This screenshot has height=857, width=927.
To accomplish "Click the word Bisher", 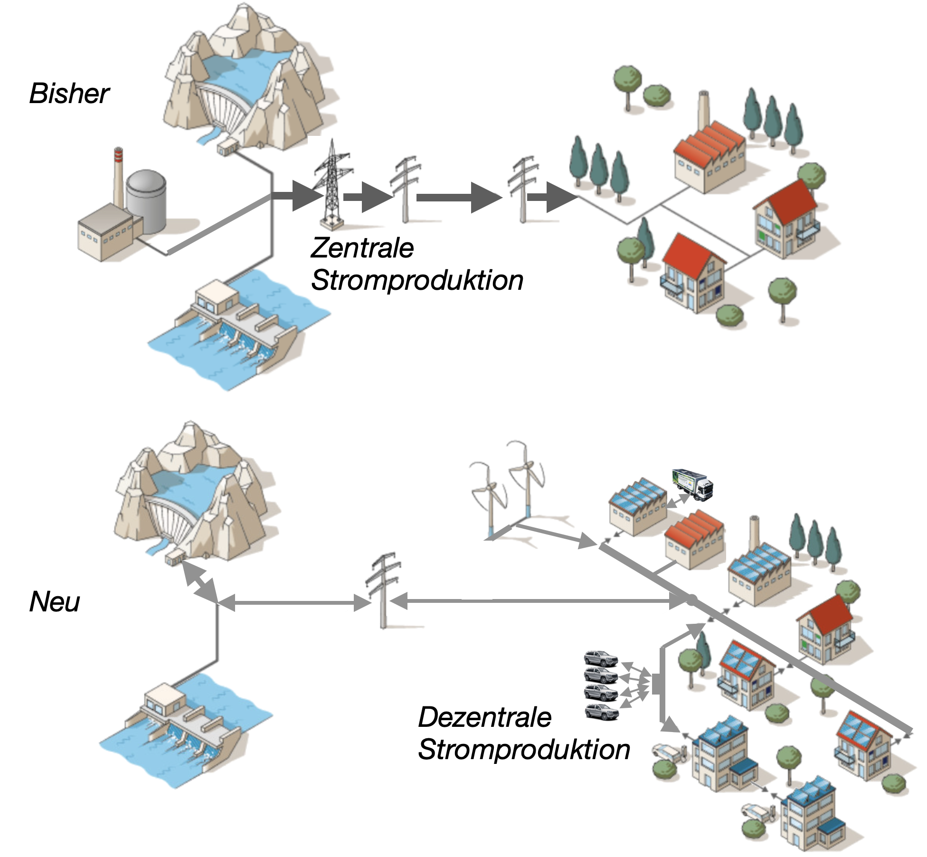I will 69,94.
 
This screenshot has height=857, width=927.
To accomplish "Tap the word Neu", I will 55,602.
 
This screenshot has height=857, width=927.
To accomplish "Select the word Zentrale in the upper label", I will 362,248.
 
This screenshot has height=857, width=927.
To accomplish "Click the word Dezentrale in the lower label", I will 484,717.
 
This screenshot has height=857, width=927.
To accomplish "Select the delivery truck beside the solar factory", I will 693,484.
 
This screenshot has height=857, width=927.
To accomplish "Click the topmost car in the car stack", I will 601,658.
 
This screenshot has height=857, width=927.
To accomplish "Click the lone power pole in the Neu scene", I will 383,589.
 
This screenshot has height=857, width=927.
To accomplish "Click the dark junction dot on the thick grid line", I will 692,600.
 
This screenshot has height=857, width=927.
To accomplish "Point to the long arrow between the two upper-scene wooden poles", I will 459,197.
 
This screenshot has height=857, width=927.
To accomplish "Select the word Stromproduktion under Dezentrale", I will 524,750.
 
